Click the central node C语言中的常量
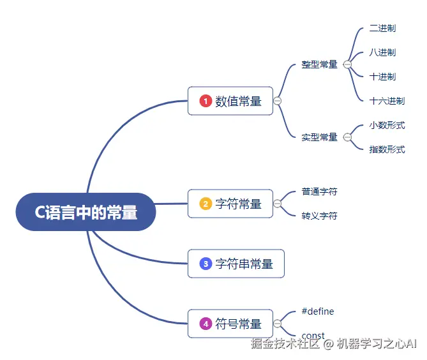tap(86, 212)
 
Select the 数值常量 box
tap(230, 101)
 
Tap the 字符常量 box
tap(230, 204)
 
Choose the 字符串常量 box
tap(236, 264)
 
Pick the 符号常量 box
tap(230, 324)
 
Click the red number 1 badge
tap(206, 101)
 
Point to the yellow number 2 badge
tap(206, 204)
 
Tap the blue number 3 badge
tap(206, 264)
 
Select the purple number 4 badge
tap(206, 324)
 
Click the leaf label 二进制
tap(382, 29)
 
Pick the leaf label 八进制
tap(382, 52)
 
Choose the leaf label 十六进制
tap(387, 101)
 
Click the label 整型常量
tap(319, 64)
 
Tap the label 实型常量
tap(319, 137)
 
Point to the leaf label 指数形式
tap(387, 149)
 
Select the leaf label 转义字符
tap(319, 216)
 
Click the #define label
tap(318, 311)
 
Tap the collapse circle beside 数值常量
tap(277, 101)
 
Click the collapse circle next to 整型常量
tap(347, 64)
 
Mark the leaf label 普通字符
tap(319, 191)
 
